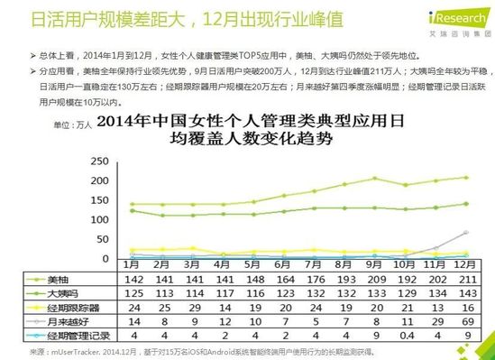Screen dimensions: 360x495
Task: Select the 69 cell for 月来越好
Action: tap(464, 320)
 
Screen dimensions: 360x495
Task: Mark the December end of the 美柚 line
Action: tap(466, 177)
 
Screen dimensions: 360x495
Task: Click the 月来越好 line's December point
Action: tap(466, 233)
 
